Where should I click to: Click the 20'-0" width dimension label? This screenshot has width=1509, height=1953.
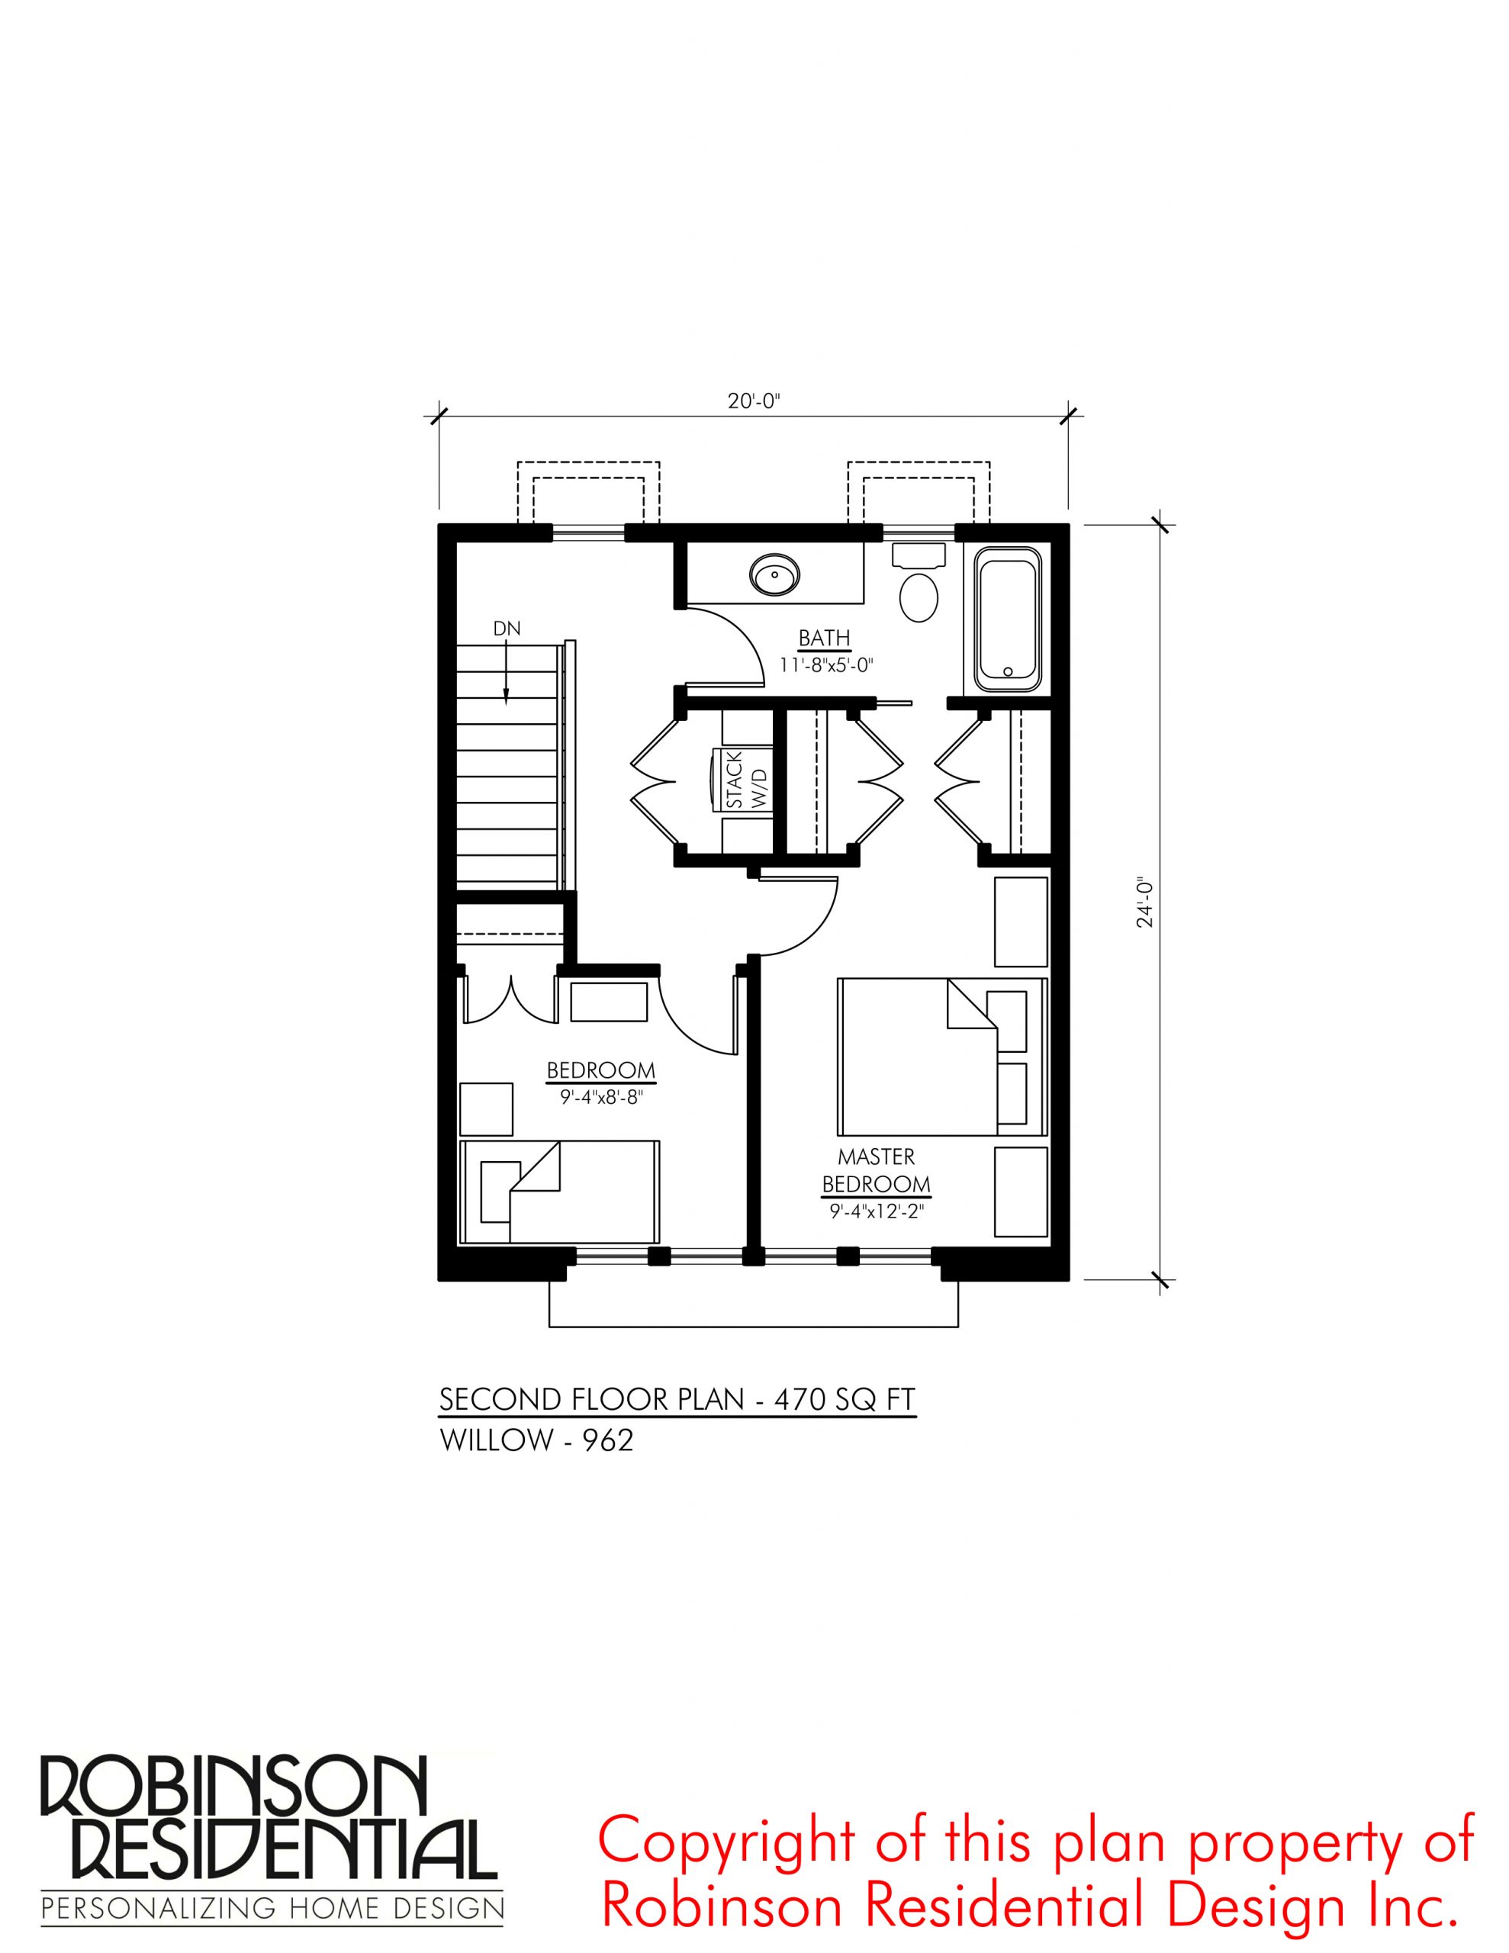(x=754, y=401)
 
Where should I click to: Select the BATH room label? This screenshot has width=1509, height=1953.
(x=824, y=639)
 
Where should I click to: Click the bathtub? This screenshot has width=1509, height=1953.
(x=1008, y=619)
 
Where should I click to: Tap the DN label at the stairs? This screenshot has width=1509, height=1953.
(x=507, y=629)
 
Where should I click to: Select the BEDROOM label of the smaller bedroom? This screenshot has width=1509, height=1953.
(x=601, y=1070)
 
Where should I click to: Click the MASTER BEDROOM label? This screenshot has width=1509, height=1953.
(x=876, y=1170)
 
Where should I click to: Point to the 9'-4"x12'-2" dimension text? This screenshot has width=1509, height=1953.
(x=876, y=1212)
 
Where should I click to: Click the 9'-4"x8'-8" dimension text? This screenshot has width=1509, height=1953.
(x=602, y=1098)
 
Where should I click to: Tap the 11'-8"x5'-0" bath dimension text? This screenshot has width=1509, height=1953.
(x=825, y=665)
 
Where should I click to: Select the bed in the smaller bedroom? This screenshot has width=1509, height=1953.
(x=559, y=1191)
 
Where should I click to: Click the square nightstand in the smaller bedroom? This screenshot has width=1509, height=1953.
(x=486, y=1108)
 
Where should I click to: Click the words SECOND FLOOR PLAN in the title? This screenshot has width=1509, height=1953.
(x=592, y=1399)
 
